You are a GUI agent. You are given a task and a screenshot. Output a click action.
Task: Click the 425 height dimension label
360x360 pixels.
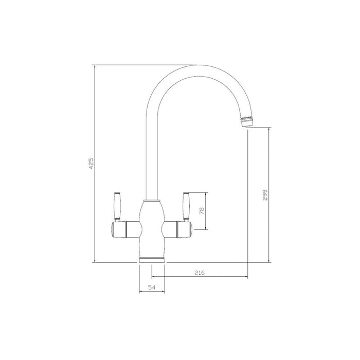91,164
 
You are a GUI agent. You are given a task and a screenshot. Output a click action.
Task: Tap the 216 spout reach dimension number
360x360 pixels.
200,273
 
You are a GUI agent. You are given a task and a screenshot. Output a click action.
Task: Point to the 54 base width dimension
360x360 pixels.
151,288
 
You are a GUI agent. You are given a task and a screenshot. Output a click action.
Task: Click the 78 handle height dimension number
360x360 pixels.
202,211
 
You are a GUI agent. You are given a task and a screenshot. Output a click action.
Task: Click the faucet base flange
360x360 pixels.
151,258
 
